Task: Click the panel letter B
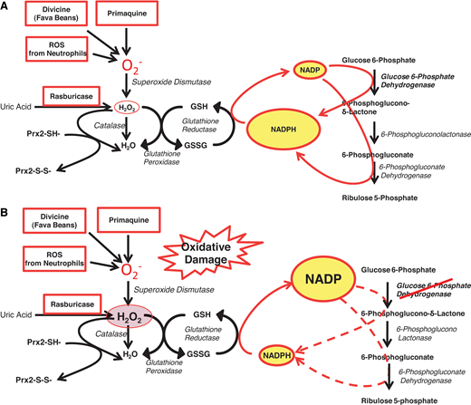point(7,214)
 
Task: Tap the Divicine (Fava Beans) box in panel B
point(53,224)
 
